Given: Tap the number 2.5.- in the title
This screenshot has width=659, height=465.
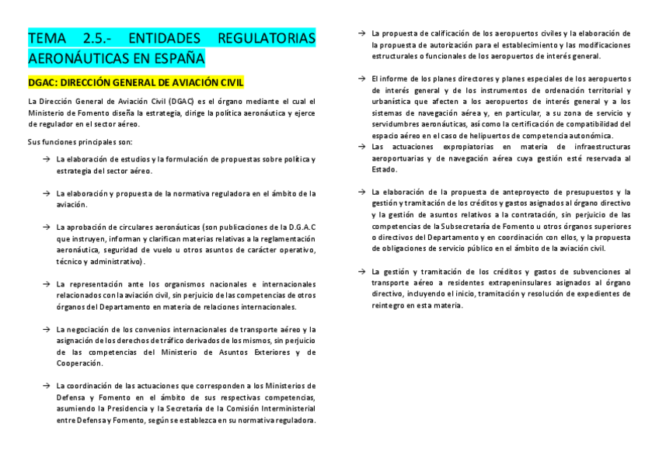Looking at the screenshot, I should pos(98,38).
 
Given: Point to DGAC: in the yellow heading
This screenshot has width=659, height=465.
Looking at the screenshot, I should pos(45,82).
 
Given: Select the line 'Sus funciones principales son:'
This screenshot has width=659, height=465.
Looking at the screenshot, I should pos(80,141).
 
